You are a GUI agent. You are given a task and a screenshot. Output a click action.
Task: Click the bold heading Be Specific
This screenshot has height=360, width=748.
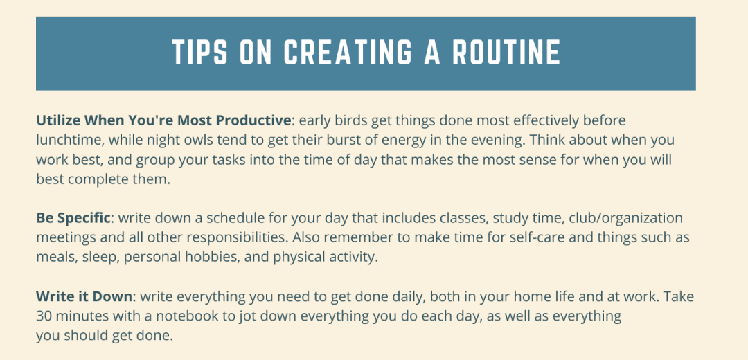[73, 218]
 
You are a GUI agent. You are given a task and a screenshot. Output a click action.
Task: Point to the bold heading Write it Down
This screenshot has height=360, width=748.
[84, 297]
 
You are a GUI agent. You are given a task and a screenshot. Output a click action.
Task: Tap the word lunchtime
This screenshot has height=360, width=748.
[69, 140]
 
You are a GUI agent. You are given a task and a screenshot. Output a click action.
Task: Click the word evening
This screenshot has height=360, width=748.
[481, 140]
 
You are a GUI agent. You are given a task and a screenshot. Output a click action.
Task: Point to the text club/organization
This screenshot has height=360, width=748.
[625, 218]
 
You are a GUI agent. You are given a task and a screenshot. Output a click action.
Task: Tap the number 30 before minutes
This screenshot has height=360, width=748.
[45, 316]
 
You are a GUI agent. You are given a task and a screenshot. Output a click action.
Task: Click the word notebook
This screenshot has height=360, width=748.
[192, 316]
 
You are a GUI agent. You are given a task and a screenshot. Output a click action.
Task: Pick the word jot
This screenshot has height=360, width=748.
[245, 316]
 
